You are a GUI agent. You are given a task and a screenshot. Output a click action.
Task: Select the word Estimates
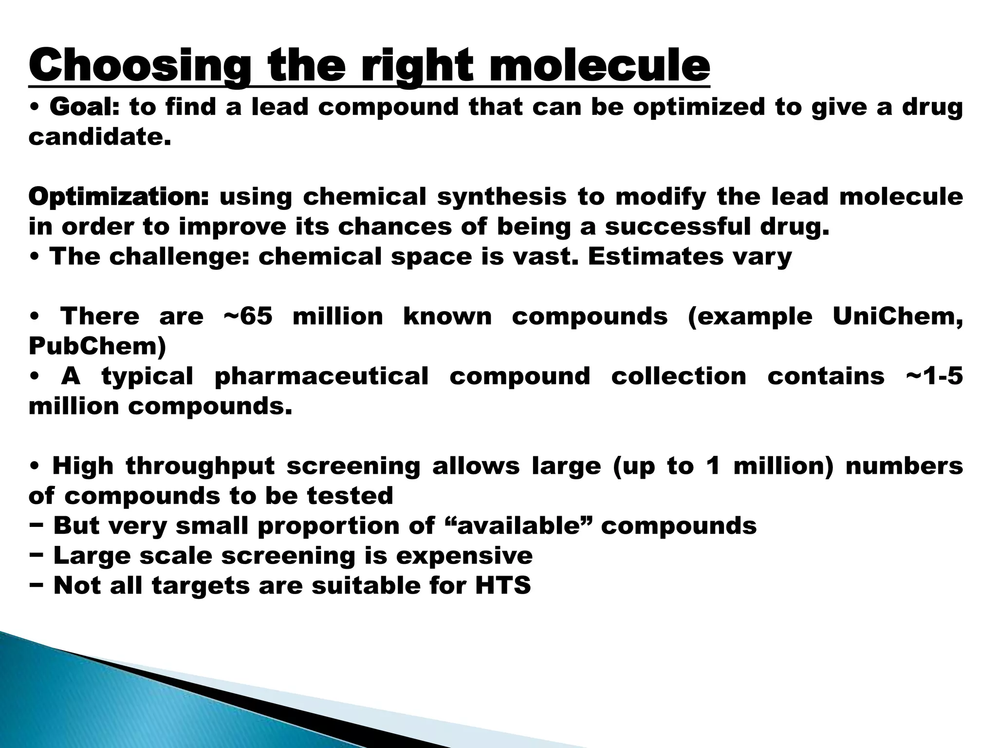(655, 257)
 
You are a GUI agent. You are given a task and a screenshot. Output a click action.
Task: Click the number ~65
(248, 317)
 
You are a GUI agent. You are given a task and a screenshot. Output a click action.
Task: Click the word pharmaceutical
(321, 376)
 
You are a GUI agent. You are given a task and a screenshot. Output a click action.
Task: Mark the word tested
(350, 496)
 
